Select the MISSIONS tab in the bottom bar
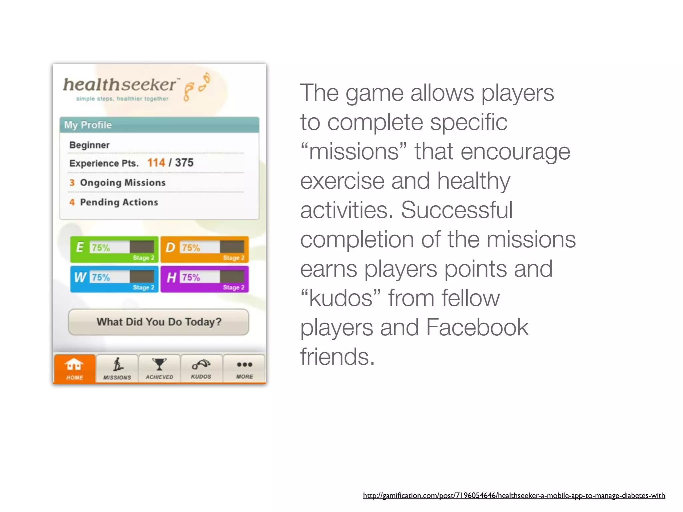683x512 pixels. point(117,368)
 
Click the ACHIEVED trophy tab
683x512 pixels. point(159,368)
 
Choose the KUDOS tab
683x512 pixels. point(201,368)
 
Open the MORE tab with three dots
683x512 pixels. point(244,368)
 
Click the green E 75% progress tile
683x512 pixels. point(114,249)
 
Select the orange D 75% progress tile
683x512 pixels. point(205,249)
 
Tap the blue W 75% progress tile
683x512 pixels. point(114,279)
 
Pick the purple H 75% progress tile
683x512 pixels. point(205,279)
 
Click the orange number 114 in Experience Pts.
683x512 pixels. point(156,163)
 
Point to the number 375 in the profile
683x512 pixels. point(184,163)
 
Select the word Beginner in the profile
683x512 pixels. point(89,145)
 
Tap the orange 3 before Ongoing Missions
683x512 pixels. point(72,183)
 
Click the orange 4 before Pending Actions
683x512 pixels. point(72,202)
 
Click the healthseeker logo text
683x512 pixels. point(119,85)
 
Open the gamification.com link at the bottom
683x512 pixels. point(514,496)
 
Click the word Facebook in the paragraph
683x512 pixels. point(477,327)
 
